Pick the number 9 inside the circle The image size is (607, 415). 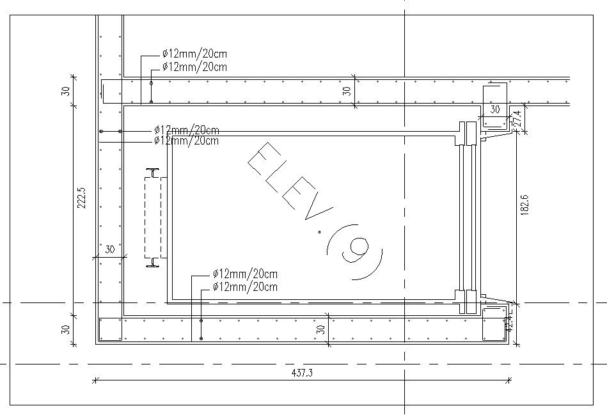click(356, 250)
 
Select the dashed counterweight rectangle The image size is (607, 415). click(153, 217)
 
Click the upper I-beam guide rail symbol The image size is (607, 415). click(153, 172)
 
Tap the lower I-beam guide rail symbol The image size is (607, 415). click(153, 262)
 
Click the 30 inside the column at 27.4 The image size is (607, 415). click(494, 110)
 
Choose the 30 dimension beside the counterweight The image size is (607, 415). click(109, 249)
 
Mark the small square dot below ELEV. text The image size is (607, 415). click(319, 233)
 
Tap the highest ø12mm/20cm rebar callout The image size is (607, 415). click(194, 54)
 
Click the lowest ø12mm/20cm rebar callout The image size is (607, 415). click(245, 287)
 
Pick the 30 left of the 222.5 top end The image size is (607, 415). click(65, 90)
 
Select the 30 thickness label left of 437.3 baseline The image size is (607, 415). click(65, 330)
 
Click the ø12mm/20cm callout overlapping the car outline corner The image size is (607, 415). click(186, 140)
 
